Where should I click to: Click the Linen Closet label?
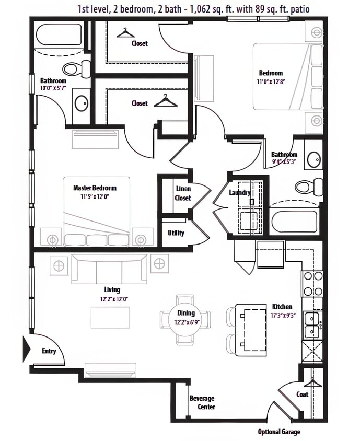182,193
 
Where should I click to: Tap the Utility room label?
176,233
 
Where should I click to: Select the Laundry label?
240,193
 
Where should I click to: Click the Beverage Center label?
202,402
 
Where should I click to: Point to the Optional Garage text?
279,432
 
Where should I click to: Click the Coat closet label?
303,394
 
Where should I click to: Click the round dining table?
186,319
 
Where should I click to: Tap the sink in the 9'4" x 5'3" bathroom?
314,159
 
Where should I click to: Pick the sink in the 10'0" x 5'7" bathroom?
82,103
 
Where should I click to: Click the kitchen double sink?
313,324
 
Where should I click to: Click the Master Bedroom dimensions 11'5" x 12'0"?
95,197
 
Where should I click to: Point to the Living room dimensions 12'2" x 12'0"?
112,299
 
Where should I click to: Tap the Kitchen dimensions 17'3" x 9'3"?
282,316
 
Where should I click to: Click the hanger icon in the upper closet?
125,33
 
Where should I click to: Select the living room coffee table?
110,317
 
